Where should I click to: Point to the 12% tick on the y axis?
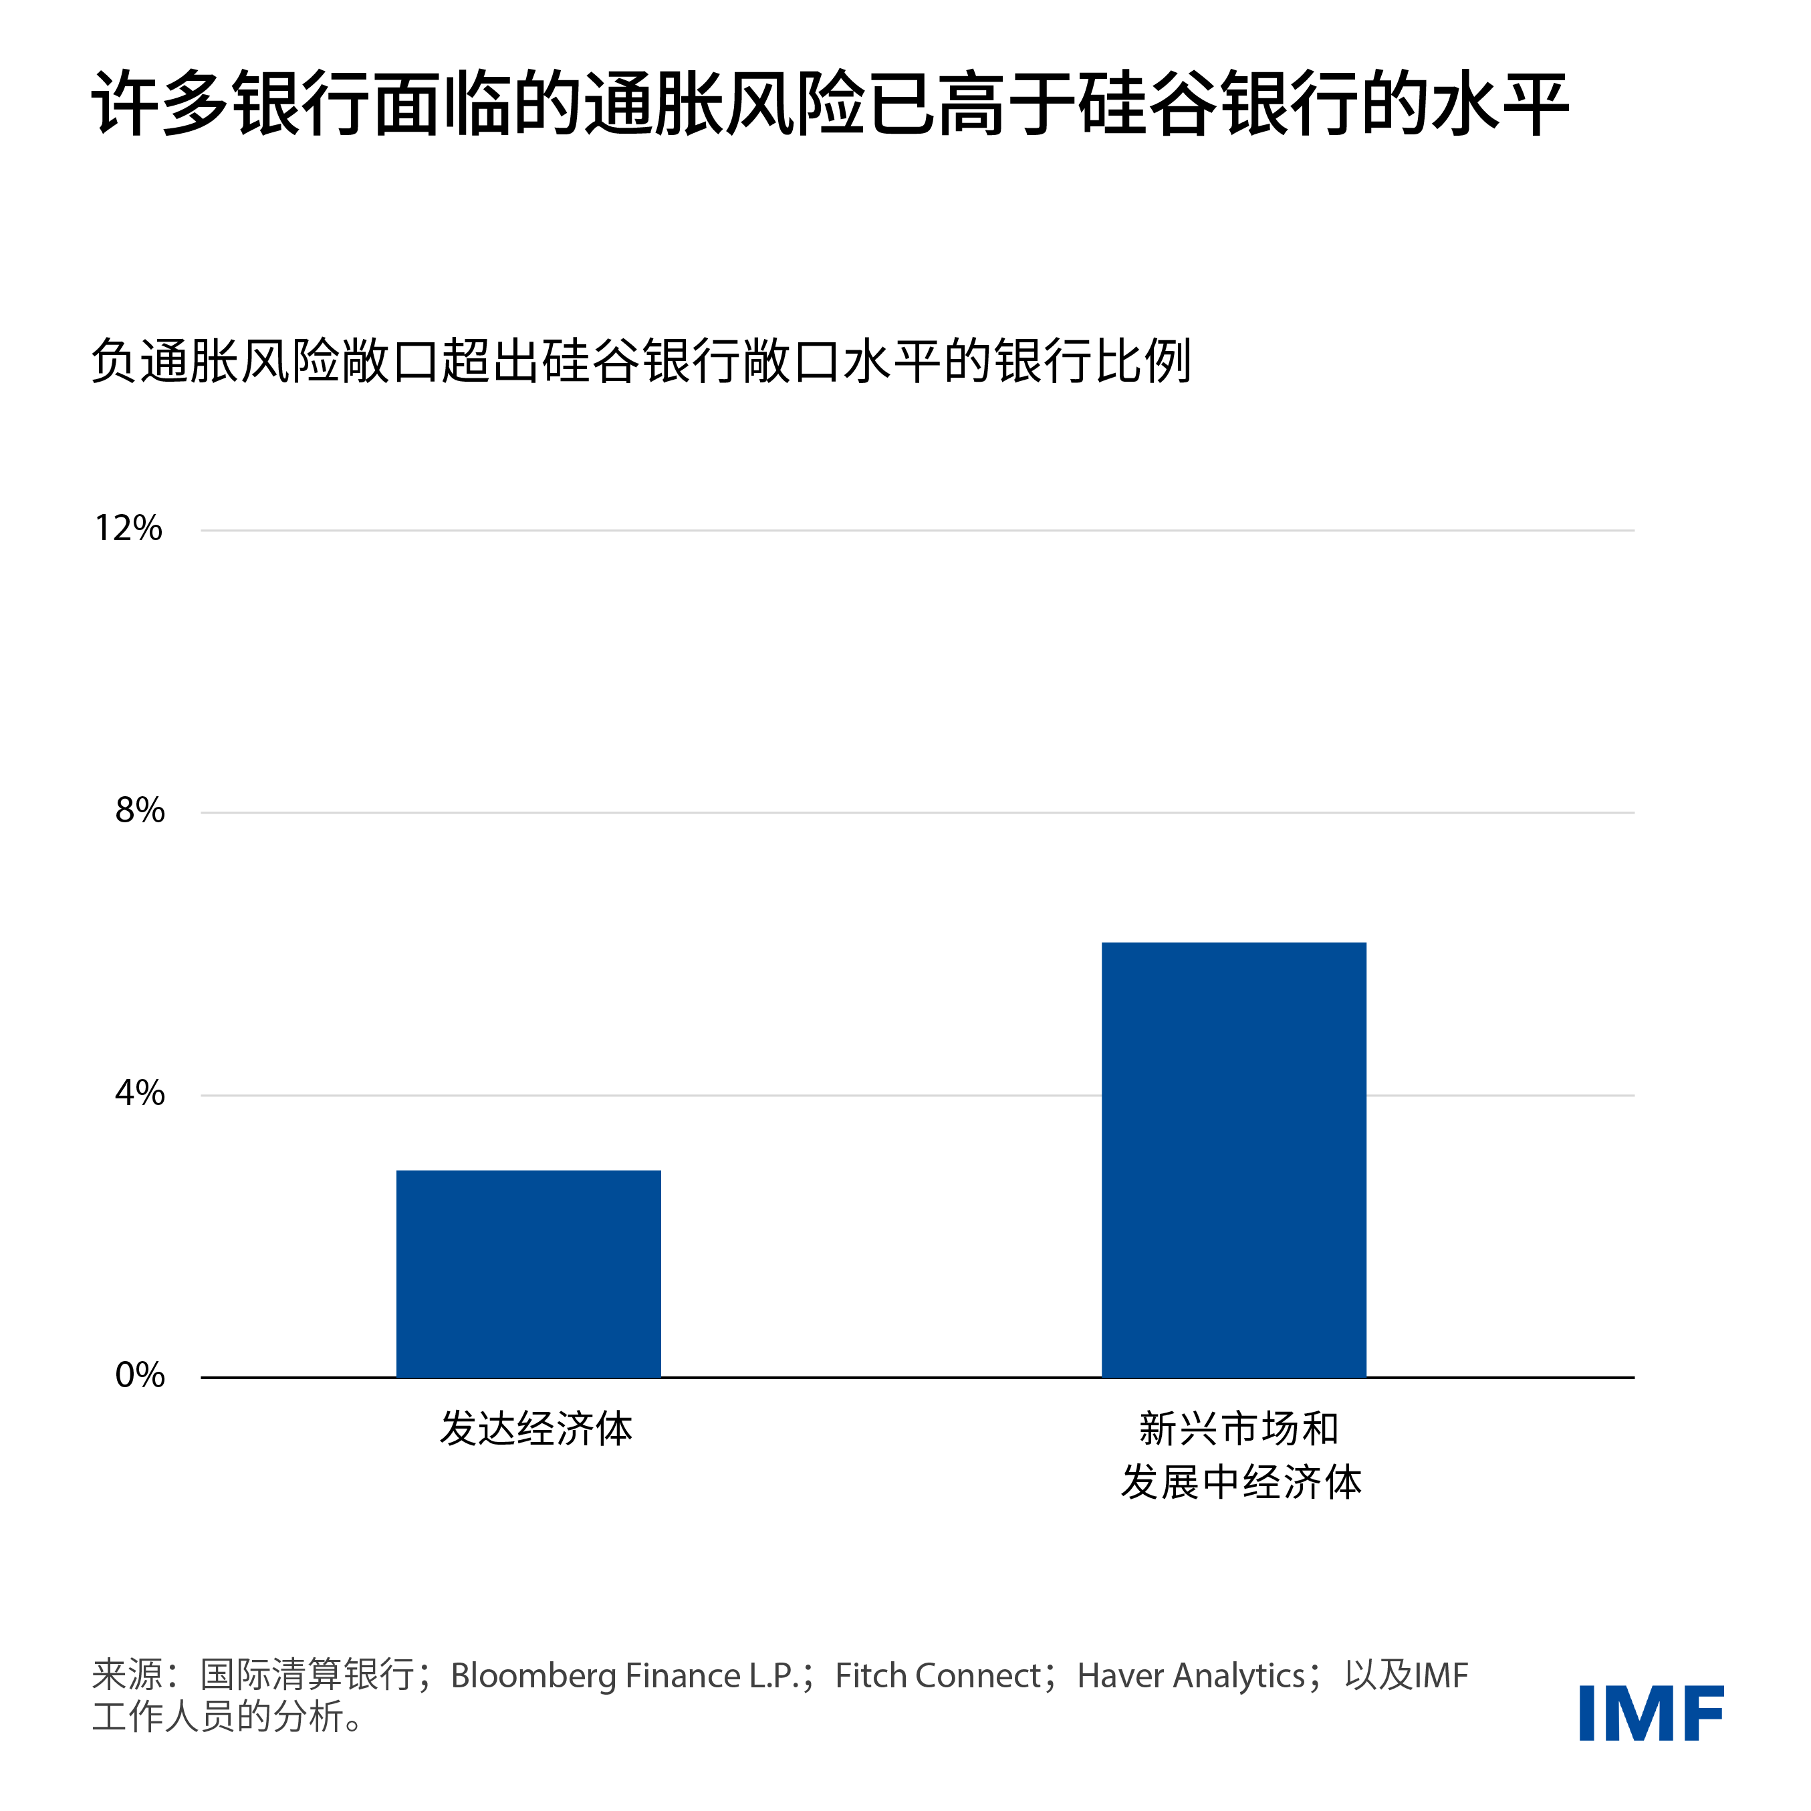tap(128, 529)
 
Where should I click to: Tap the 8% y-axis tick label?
tap(140, 811)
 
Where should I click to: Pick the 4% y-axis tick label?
tap(140, 1093)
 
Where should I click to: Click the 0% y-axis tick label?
tap(140, 1375)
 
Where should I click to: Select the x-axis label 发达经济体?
tap(536, 1429)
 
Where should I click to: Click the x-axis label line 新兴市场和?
tap(1238, 1429)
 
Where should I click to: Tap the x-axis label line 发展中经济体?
tap(1240, 1482)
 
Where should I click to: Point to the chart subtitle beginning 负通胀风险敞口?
tap(641, 361)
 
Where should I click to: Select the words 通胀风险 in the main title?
tap(725, 103)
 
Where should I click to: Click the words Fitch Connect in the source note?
tap(937, 1675)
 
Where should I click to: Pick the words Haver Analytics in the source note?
tap(1191, 1675)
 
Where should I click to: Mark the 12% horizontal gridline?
tap(917, 531)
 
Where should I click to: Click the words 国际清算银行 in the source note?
tap(307, 1675)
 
